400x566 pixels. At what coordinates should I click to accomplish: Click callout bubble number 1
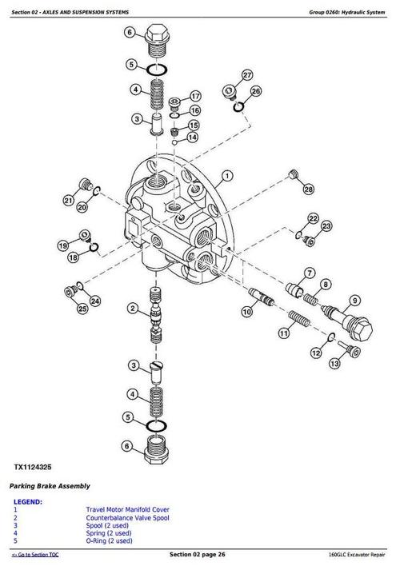coord(227,175)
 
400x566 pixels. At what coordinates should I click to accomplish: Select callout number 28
coord(309,189)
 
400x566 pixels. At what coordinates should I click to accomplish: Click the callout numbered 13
coord(335,363)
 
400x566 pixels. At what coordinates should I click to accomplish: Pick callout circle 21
coord(69,200)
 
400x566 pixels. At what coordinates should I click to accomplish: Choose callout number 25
coord(82,308)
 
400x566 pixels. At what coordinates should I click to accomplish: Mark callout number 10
coord(247,313)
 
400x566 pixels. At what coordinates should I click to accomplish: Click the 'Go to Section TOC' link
coord(34,555)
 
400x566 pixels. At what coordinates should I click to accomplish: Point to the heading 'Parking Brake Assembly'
coord(50,485)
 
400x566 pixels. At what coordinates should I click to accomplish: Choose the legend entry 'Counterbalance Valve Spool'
coord(129,517)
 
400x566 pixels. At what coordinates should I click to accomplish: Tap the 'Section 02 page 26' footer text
coord(200,555)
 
